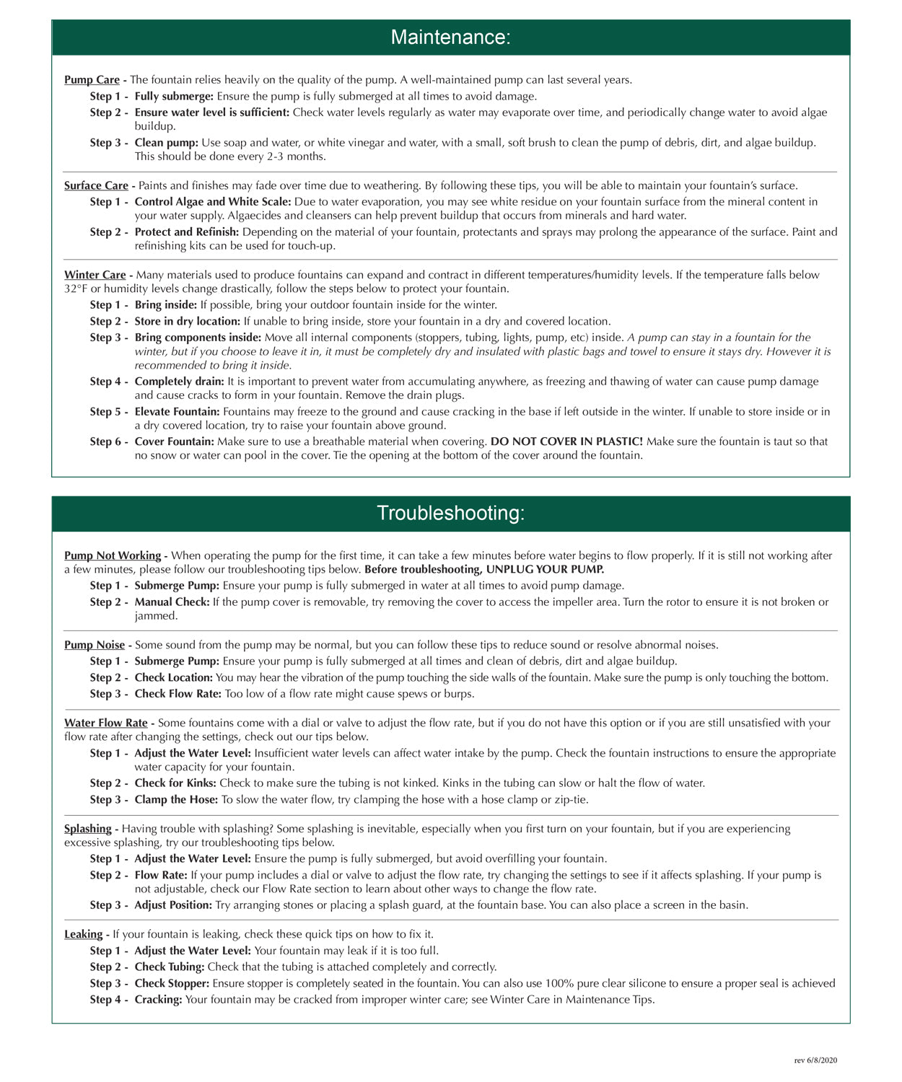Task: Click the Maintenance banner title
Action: tap(450, 38)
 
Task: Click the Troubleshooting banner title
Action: tap(450, 513)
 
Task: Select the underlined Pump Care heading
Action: tap(92, 80)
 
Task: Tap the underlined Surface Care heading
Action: tap(96, 185)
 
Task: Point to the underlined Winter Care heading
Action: tap(95, 275)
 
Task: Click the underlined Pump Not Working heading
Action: tap(113, 555)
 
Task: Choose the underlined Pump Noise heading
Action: tap(95, 645)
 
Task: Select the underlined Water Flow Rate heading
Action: tap(105, 723)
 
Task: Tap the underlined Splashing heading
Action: tap(88, 829)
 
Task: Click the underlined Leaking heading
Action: tap(83, 934)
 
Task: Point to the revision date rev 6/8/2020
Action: tap(815, 1060)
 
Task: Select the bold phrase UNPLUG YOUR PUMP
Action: tap(546, 569)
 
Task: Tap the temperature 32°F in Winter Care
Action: tap(75, 289)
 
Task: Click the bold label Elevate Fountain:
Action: tap(177, 411)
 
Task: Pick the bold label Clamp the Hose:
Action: tap(176, 799)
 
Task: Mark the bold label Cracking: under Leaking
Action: tap(158, 999)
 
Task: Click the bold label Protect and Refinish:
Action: tap(186, 232)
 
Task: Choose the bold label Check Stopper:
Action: tap(172, 983)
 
